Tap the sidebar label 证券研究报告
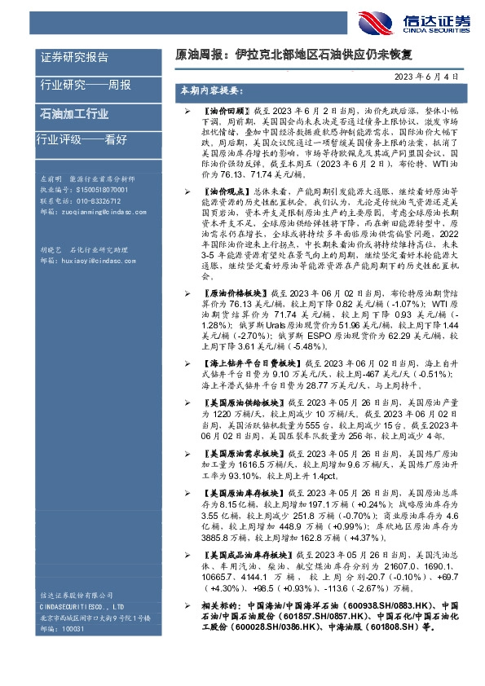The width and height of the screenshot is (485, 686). point(73,57)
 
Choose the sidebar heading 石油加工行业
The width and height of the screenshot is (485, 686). point(74,113)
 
